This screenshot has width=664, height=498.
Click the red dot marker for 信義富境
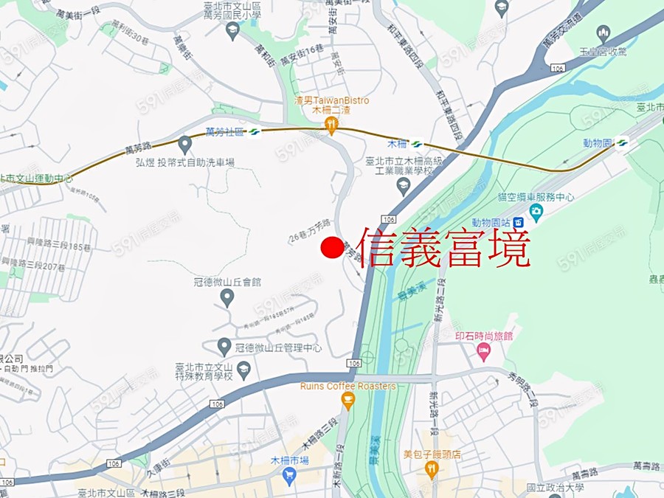point(332,248)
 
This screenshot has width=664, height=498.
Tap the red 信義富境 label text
point(444,248)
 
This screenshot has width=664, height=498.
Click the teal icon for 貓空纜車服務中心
point(536,213)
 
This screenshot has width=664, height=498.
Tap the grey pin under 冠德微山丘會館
point(227,297)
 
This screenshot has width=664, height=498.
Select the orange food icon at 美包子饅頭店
point(432,470)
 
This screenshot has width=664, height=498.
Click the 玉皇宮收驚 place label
point(603,52)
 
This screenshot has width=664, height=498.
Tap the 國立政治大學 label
point(556,488)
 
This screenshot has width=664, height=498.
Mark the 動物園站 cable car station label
point(492,222)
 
